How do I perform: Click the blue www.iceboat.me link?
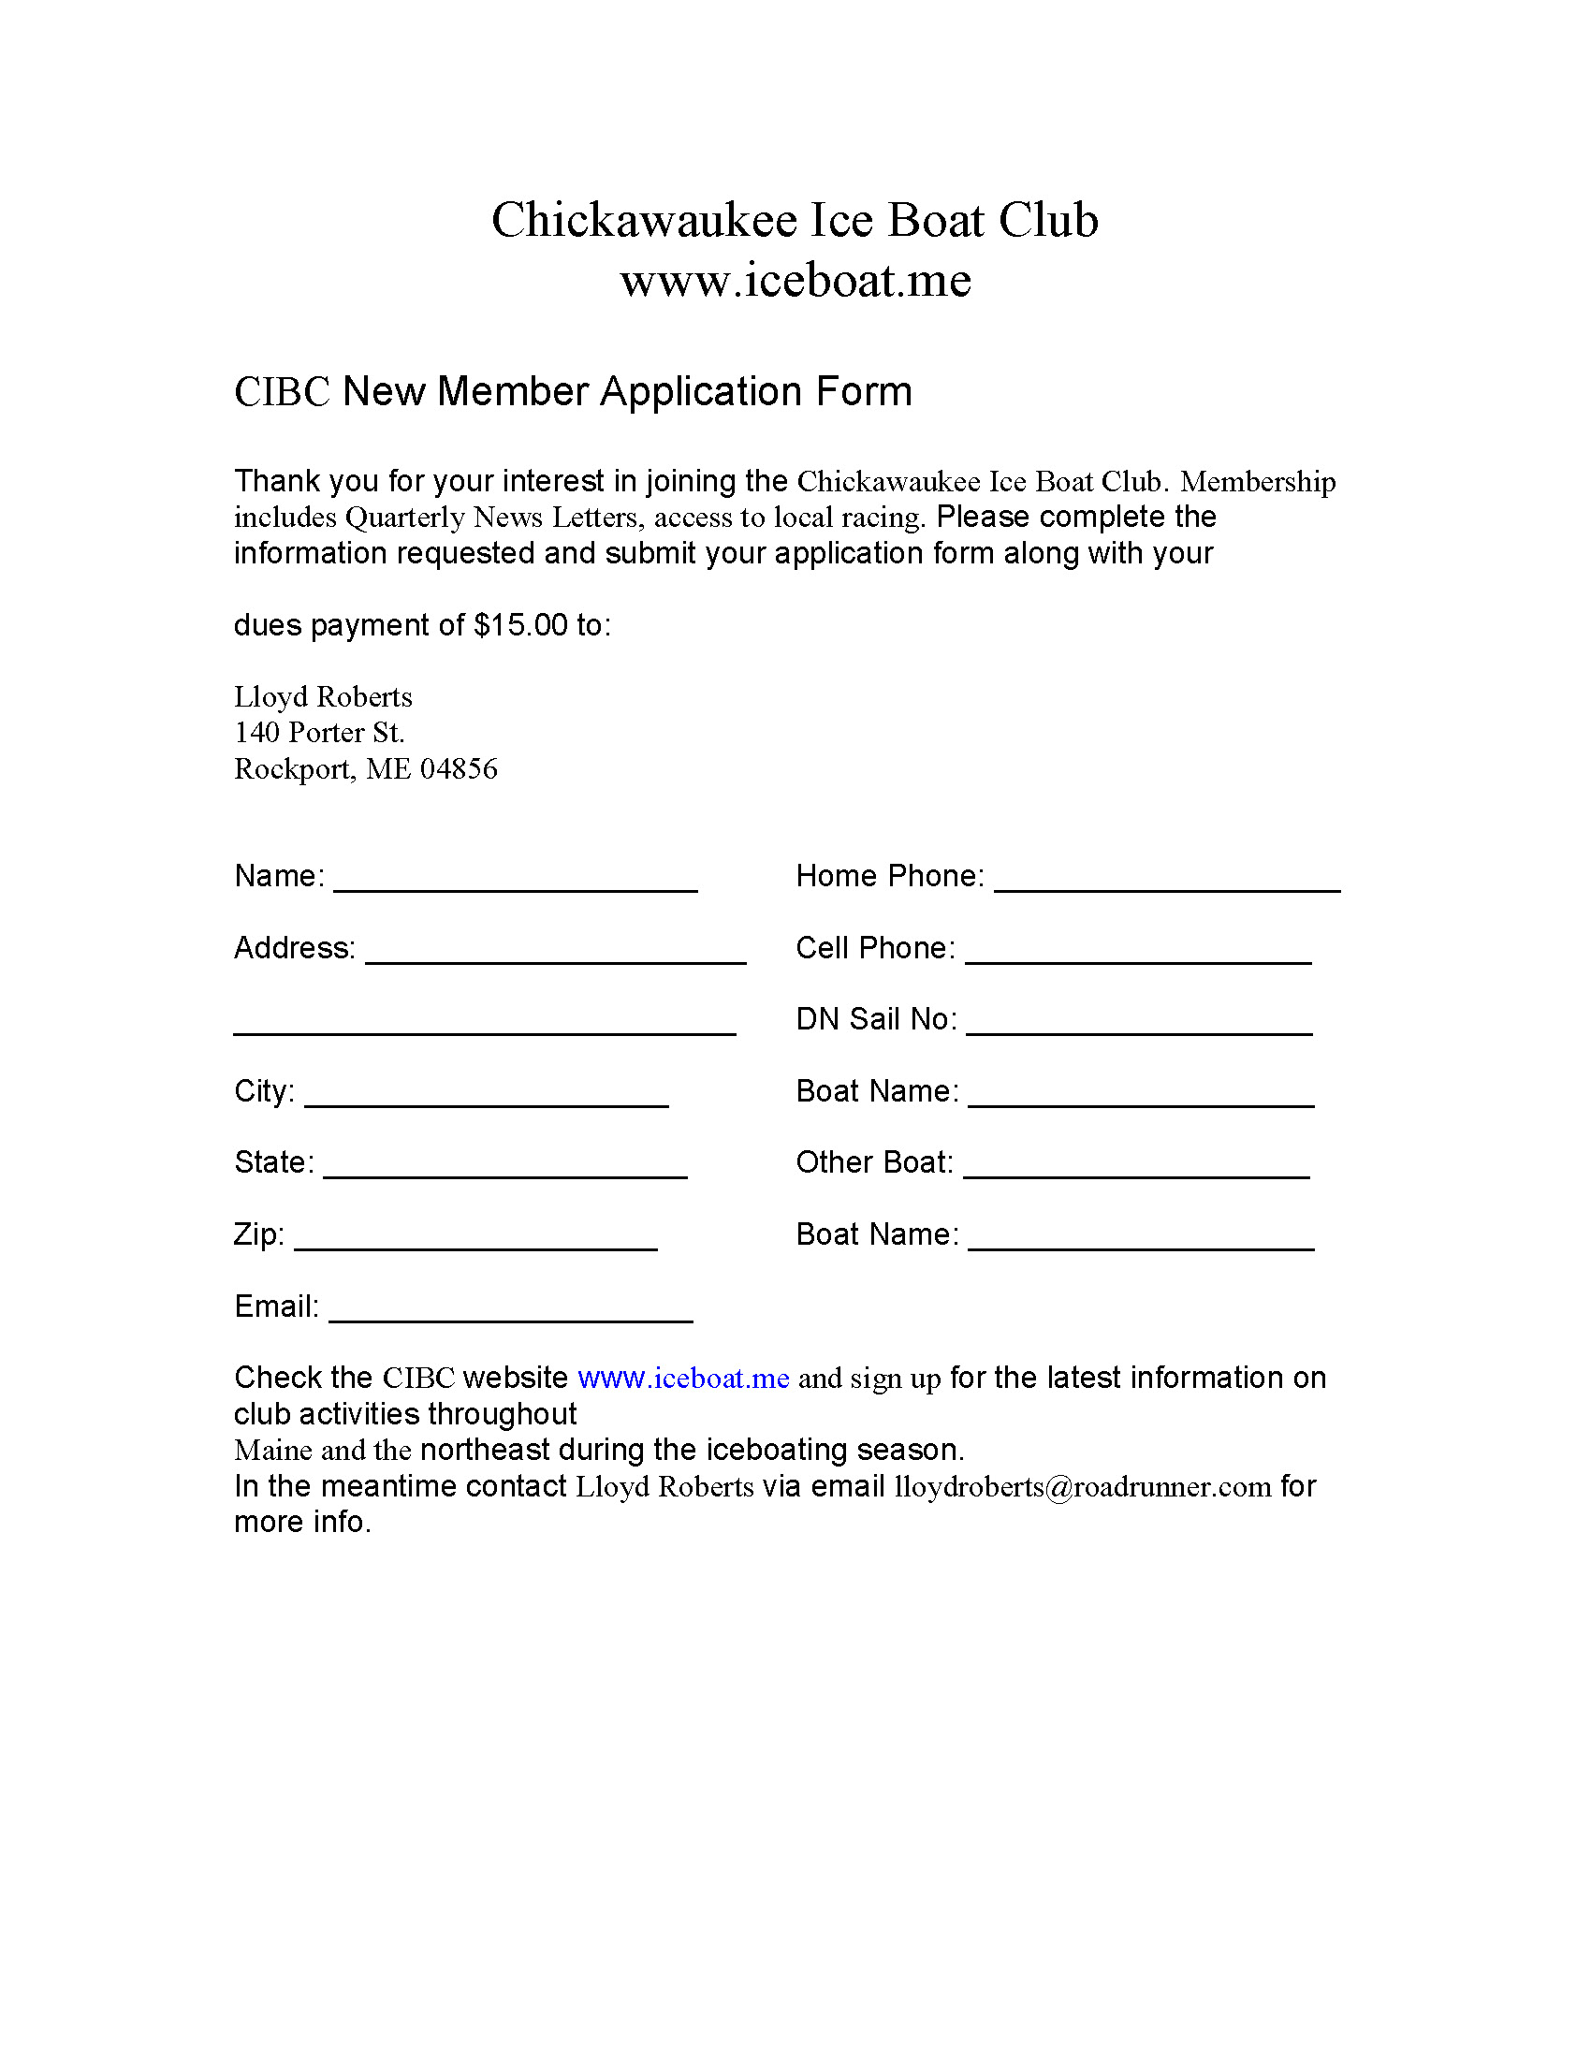click(x=683, y=1379)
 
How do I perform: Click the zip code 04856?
click(x=459, y=769)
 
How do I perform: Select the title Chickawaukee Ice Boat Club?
click(x=795, y=221)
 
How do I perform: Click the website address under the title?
click(x=795, y=281)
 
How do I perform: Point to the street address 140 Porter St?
click(x=318, y=732)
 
